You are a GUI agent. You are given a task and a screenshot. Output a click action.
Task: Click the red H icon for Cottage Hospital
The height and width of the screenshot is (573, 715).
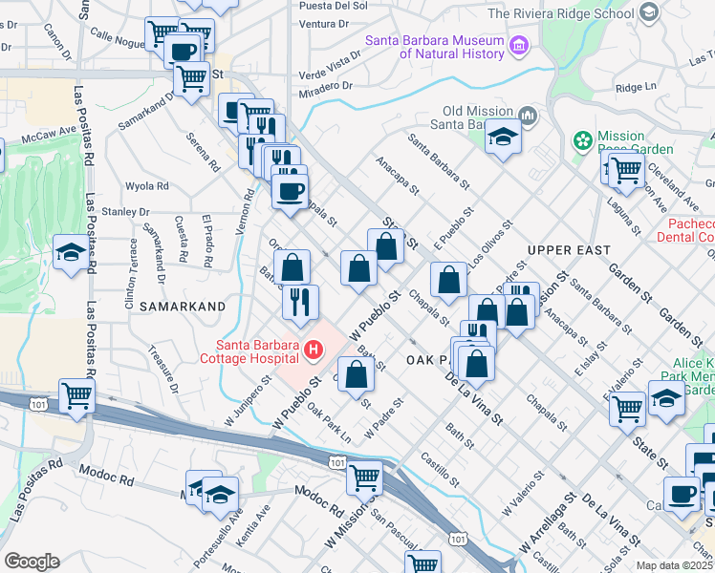[x=313, y=351]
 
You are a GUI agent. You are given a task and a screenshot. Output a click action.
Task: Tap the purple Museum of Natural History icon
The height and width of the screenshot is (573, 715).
[x=519, y=45]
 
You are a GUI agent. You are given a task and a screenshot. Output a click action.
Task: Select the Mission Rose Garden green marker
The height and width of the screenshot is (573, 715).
[x=583, y=141]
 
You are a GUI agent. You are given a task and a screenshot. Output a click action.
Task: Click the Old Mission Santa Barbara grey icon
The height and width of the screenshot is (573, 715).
[x=529, y=117]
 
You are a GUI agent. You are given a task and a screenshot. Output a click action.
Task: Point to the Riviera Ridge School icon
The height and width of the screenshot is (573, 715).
[x=649, y=12]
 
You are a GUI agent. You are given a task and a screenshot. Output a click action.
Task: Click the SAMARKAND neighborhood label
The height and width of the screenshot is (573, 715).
[x=182, y=307]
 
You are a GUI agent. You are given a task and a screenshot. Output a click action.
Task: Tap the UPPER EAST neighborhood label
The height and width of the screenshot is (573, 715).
[x=568, y=249]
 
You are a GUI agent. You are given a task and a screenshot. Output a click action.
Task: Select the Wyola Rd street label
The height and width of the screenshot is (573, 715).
[x=146, y=186]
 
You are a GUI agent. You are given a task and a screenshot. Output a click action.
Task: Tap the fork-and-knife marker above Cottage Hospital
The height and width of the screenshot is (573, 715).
[x=300, y=301]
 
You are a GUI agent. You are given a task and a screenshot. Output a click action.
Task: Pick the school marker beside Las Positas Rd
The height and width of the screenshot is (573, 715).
[x=70, y=252]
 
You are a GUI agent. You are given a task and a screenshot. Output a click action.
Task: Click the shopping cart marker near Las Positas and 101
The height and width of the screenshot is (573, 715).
[x=76, y=394]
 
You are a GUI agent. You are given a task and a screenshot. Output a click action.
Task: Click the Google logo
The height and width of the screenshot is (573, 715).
[x=32, y=562]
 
